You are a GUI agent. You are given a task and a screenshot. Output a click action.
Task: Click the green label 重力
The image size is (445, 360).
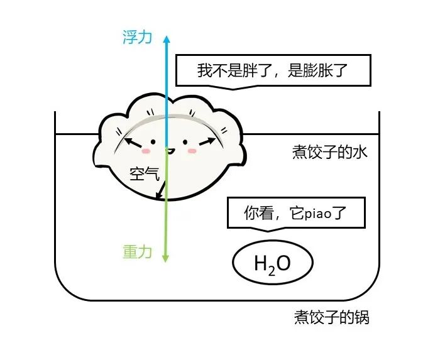point(137,252)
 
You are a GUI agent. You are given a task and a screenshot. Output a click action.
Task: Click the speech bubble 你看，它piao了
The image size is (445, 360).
point(295,214)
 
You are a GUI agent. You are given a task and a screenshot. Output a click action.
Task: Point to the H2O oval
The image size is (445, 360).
point(273,263)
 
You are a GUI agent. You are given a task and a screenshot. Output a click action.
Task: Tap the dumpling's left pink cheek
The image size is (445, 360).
point(146,151)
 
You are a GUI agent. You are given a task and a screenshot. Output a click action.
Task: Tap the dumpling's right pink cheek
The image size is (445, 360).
point(192,151)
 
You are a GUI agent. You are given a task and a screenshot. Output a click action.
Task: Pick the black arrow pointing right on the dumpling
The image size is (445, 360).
point(206,142)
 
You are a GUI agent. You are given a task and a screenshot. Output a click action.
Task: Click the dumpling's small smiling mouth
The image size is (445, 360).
point(168,150)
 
